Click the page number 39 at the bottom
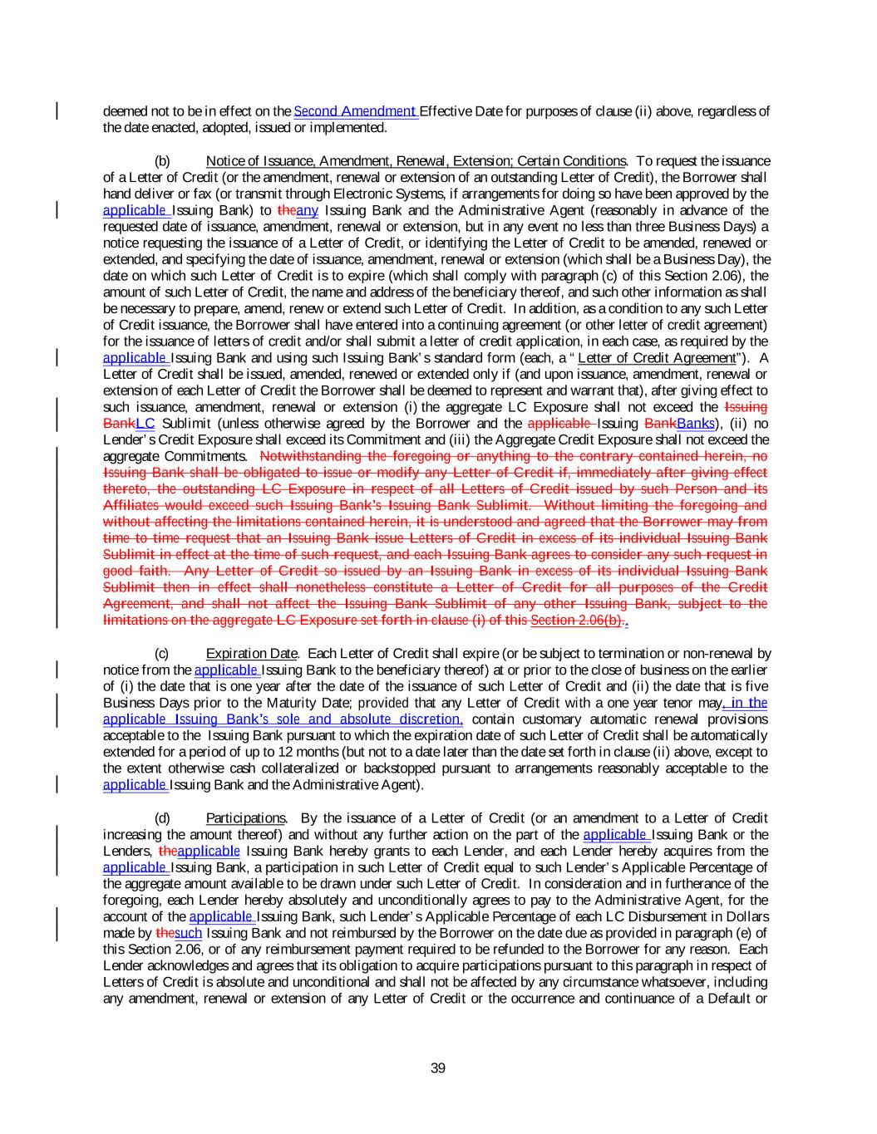click(438, 1068)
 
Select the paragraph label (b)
click(163, 160)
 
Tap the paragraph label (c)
click(163, 653)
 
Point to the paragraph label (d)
click(163, 818)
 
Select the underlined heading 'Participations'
click(245, 818)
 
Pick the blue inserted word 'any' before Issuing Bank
click(308, 210)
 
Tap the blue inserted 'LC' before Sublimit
click(145, 424)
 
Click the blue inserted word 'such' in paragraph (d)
click(189, 933)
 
